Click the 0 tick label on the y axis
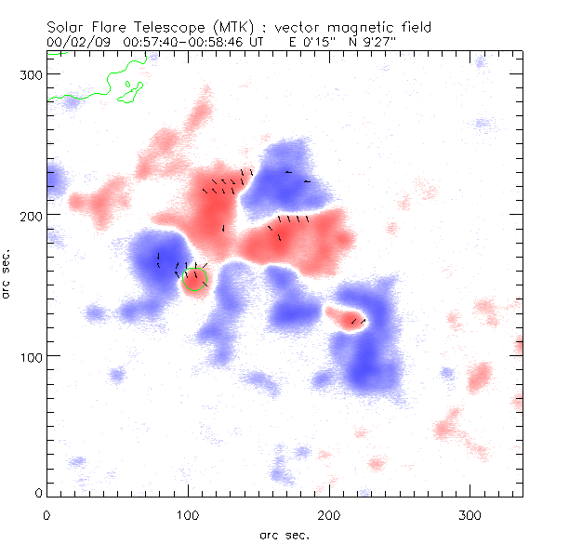tap(36, 493)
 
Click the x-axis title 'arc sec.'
tap(284, 534)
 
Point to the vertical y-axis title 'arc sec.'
tap(7, 273)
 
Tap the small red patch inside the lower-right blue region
tap(346, 321)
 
